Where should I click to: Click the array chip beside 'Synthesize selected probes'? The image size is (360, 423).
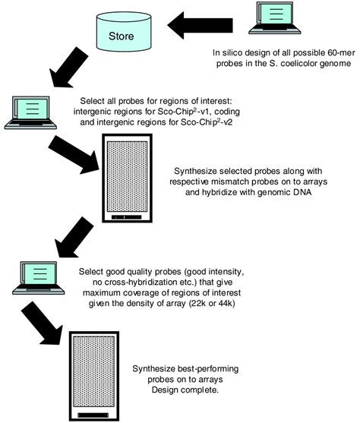pyautogui.click(x=128, y=178)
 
